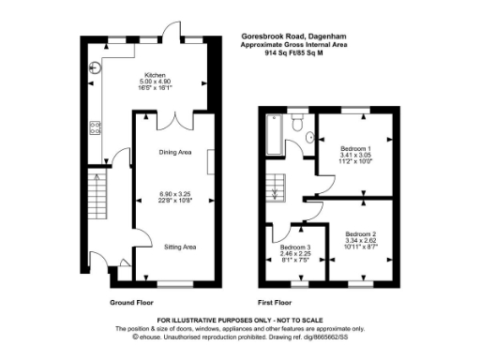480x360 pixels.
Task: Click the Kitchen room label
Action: tap(154, 73)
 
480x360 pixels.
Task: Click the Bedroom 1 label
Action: tap(355, 149)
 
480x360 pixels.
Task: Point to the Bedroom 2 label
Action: tap(360, 232)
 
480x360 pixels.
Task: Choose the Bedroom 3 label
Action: tap(294, 247)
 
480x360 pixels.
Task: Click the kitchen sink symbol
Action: tap(97, 67)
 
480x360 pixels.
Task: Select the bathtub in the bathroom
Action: tap(273, 136)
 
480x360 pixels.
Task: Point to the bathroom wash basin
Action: tap(309, 138)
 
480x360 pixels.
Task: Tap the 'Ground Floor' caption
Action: tap(132, 303)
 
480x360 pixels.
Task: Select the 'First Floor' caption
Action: tap(275, 303)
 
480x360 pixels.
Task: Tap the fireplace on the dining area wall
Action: tap(211, 161)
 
